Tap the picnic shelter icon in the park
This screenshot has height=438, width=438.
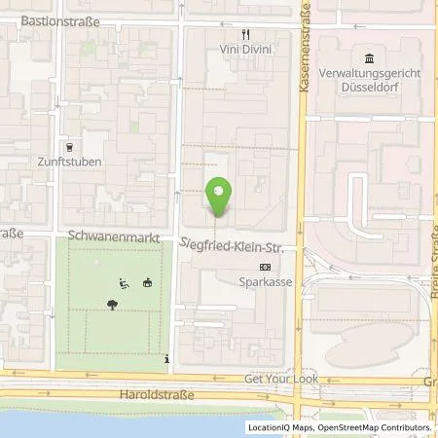click(147, 283)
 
